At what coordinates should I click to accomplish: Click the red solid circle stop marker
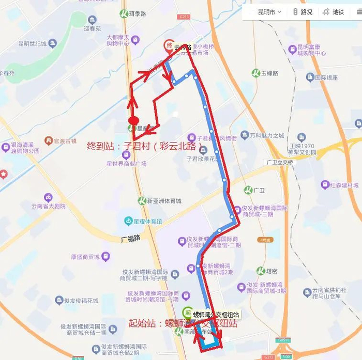[133, 120]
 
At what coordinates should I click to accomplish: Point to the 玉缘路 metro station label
[266, 73]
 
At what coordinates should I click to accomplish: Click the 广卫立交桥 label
[279, 162]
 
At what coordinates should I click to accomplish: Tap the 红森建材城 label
[342, 184]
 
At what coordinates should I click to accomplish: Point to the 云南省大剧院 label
[49, 206]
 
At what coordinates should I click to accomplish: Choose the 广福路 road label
[131, 240]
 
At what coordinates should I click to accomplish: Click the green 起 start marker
[187, 311]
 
